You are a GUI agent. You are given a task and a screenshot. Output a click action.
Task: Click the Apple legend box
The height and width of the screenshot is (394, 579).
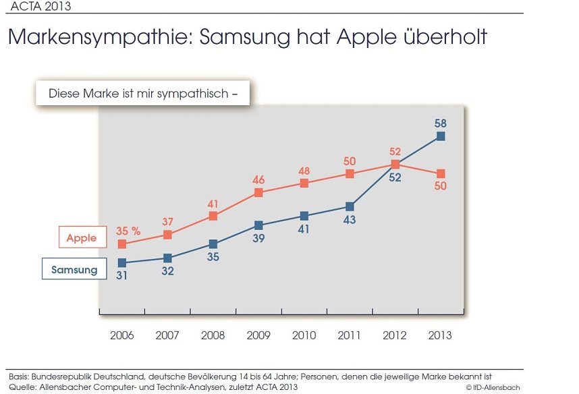tap(82, 237)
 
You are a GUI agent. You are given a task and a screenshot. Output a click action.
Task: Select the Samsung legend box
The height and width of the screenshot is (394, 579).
tap(74, 270)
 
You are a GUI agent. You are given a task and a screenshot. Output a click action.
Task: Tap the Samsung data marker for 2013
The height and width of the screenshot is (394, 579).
tap(441, 136)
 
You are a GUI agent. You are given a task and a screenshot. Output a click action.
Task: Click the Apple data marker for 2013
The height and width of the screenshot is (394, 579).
tap(441, 173)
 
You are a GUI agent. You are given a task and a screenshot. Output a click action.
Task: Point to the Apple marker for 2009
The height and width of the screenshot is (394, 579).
tap(258, 193)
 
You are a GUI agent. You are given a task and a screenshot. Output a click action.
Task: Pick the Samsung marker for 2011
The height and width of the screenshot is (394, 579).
tap(350, 206)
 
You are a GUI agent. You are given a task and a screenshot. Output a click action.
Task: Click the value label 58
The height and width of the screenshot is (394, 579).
tap(441, 123)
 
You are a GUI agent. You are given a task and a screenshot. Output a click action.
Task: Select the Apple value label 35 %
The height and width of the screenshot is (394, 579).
tap(128, 231)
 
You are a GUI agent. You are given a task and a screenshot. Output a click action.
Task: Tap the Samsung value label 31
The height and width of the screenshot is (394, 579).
tap(122, 275)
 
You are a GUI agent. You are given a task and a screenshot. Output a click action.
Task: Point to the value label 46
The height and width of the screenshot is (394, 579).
tap(258, 180)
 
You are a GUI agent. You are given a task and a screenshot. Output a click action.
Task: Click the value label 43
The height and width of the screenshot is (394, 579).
tap(350, 219)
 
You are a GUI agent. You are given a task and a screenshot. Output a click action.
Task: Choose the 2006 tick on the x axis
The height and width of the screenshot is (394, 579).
tap(122, 335)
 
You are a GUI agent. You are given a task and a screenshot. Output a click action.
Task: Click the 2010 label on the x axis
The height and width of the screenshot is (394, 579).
tap(304, 335)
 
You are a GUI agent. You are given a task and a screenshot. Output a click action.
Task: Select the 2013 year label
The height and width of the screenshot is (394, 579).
tap(441, 335)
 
